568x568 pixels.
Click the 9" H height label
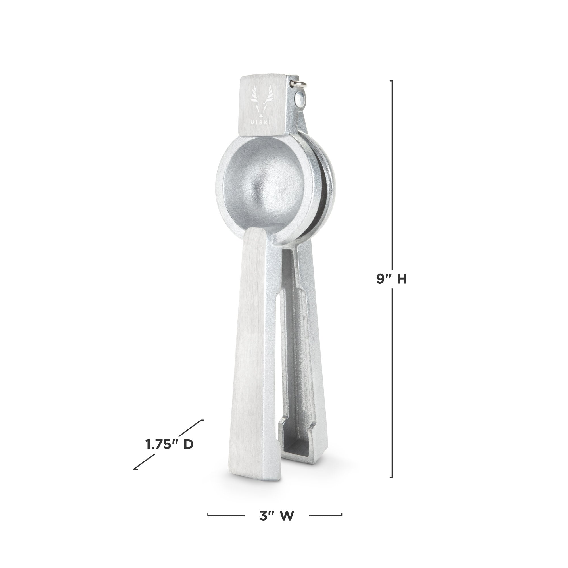[x=391, y=279]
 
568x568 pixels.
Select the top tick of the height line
[x=391, y=81]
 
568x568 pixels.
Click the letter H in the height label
[x=401, y=279]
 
